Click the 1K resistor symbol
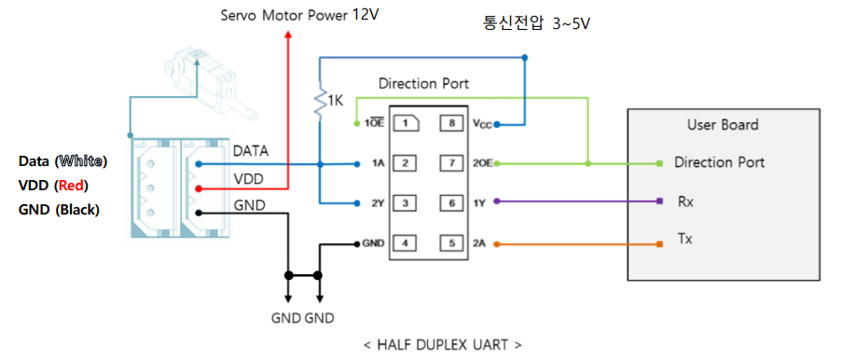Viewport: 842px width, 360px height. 321,102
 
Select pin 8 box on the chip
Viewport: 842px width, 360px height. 451,123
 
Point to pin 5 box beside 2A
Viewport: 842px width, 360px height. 451,243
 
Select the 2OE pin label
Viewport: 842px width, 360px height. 482,163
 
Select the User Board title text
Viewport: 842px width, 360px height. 722,124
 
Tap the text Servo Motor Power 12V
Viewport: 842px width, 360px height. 300,15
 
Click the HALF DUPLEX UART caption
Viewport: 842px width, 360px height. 442,344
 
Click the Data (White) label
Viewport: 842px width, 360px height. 62,161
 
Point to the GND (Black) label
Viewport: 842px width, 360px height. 59,209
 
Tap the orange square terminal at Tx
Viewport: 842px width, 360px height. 660,244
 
